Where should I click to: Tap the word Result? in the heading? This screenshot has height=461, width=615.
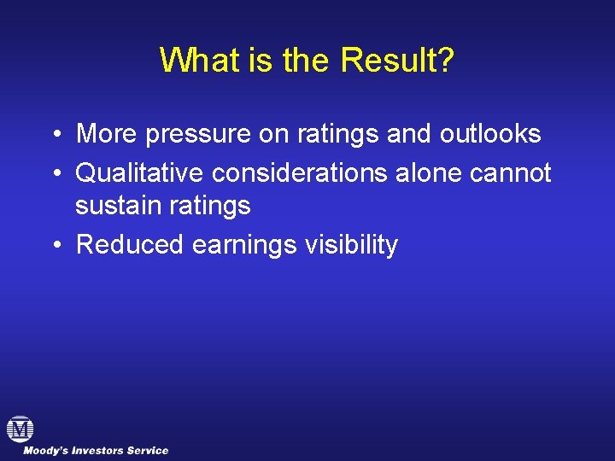click(x=397, y=61)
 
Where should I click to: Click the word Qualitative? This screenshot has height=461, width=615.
click(x=140, y=173)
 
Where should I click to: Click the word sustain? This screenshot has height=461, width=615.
click(x=114, y=206)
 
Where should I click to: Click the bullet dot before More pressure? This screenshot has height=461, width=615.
click(x=54, y=135)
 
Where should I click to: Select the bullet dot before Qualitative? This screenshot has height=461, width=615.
click(x=54, y=173)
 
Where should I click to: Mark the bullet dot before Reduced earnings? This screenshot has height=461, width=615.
click(x=54, y=246)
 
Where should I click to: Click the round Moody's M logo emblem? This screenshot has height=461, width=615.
click(x=20, y=429)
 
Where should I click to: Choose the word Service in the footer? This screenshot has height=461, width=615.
click(x=149, y=451)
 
